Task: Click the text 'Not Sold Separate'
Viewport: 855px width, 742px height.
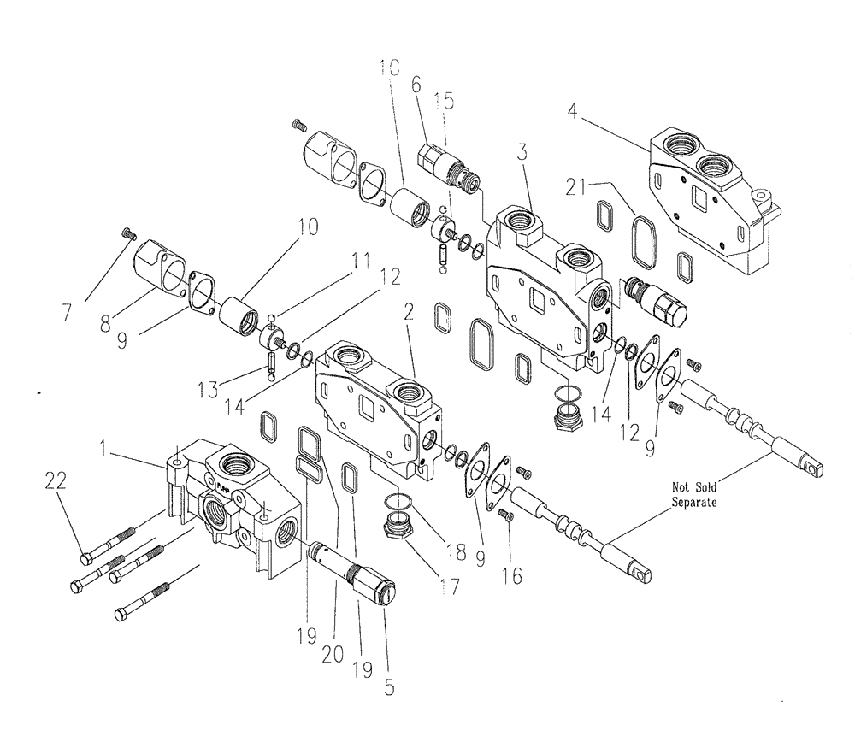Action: click(x=693, y=497)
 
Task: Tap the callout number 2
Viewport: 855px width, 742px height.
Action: click(x=409, y=317)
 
